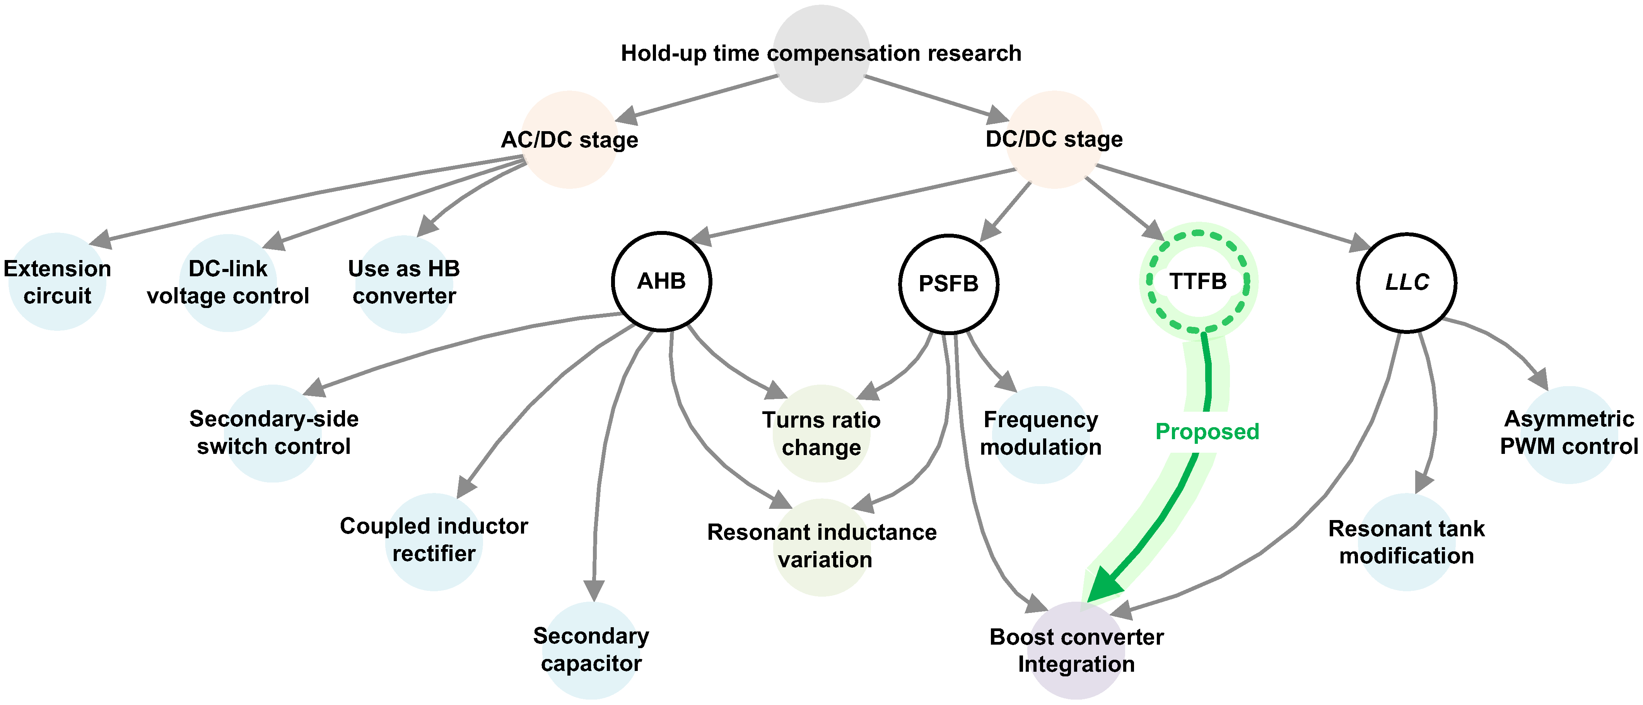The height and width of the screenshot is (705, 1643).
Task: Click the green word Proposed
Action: [1207, 432]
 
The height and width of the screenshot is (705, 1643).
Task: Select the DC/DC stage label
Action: [1054, 139]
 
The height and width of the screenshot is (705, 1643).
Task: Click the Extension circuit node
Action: [57, 281]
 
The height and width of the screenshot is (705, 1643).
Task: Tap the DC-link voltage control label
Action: [228, 282]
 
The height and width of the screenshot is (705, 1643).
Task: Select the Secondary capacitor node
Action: [591, 650]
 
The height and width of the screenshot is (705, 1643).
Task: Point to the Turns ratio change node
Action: [821, 434]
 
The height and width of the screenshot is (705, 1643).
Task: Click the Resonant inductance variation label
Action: [822, 546]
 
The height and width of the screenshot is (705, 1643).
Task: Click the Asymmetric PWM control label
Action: [1569, 433]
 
